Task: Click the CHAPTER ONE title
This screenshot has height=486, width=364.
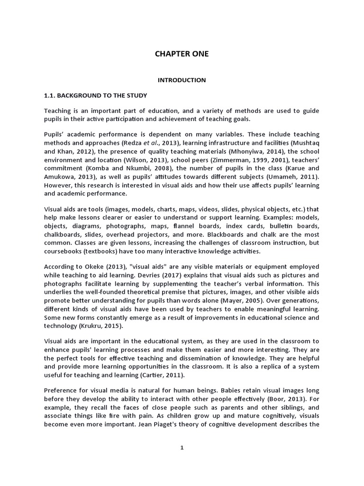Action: point(182,54)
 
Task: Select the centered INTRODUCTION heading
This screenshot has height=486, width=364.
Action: point(182,80)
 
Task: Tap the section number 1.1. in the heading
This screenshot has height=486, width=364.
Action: point(51,95)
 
